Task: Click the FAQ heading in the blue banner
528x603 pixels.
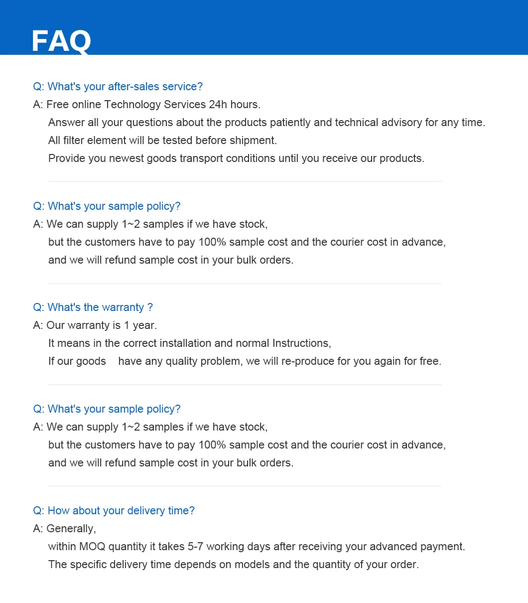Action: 61,41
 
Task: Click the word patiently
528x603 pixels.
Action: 309,123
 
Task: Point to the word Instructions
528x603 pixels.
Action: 301,343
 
